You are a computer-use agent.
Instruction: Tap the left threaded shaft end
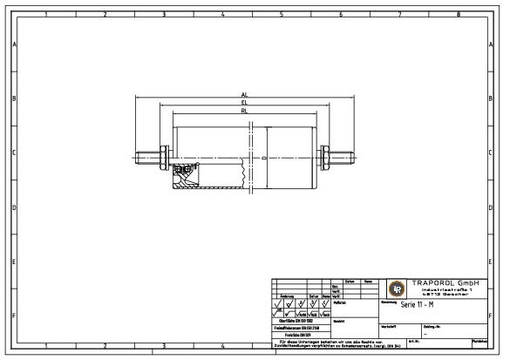pyautogui.click(x=146, y=157)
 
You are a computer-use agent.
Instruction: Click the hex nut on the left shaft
pyautogui.click(x=162, y=157)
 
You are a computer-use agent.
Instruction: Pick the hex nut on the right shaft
pyautogui.click(x=326, y=157)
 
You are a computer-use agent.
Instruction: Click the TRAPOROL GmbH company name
pyautogui.click(x=445, y=282)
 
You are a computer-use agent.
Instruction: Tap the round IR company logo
pyautogui.click(x=396, y=289)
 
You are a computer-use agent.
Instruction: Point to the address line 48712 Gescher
pyautogui.click(x=445, y=295)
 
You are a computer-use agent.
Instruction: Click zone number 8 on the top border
pyautogui.click(x=458, y=14)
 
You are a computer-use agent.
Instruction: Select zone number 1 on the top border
pyautogui.click(x=45, y=14)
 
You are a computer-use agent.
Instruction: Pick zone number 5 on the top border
pyautogui.click(x=281, y=14)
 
